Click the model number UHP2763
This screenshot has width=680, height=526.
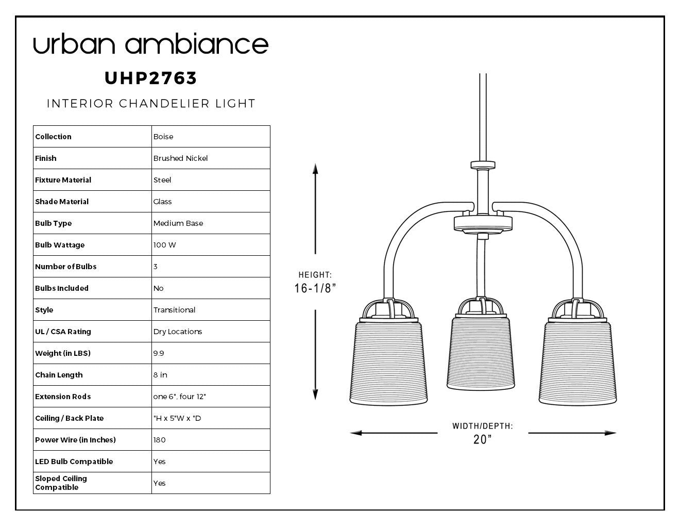click(x=150, y=78)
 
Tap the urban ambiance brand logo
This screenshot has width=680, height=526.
click(x=151, y=43)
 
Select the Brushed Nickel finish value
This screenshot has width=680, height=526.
click(x=180, y=158)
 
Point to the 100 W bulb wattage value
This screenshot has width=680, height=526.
click(x=165, y=245)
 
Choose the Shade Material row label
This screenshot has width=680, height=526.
click(x=62, y=202)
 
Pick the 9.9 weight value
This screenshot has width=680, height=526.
click(x=159, y=353)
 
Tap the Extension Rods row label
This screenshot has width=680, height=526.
click(x=63, y=397)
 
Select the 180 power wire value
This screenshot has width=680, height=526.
click(x=159, y=440)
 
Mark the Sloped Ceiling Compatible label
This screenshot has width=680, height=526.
click(x=61, y=483)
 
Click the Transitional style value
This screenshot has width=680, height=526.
click(x=174, y=310)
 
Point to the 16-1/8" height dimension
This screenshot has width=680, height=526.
click(x=315, y=288)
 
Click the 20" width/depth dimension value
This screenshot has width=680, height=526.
click(x=482, y=439)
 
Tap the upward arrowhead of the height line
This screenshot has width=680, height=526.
click(x=315, y=169)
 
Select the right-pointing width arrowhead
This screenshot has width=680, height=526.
click(x=610, y=433)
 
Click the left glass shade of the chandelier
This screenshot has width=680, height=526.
click(x=388, y=363)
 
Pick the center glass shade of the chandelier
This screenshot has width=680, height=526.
click(x=481, y=353)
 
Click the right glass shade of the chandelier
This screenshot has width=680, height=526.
click(x=577, y=363)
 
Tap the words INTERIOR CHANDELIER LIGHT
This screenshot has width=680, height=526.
click(x=151, y=104)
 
